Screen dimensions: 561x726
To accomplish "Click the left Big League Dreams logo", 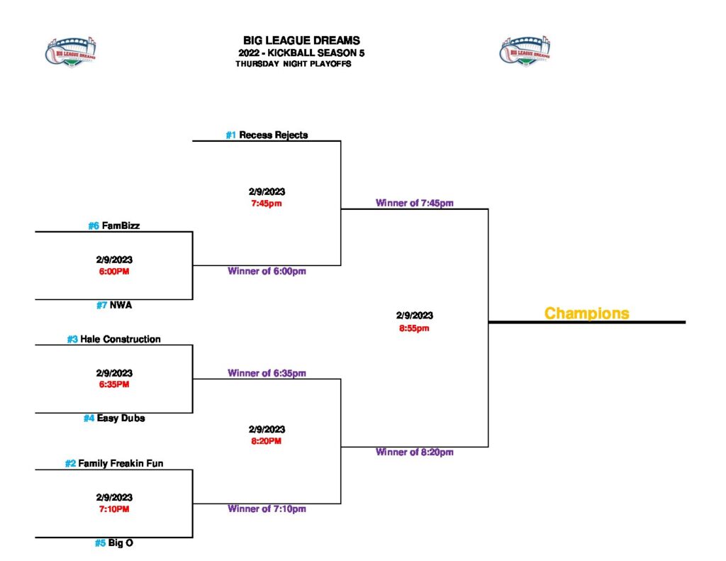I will point(71,50).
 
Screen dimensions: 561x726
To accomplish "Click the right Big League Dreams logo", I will point(525,50).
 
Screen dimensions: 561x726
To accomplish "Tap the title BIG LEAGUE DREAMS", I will point(301,40).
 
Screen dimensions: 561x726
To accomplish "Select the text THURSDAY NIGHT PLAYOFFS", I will point(294,64).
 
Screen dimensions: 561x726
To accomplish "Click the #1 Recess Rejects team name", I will point(267,135).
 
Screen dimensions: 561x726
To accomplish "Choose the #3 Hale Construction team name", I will point(113,339).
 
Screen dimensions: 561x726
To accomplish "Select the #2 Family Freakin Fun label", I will point(114,464).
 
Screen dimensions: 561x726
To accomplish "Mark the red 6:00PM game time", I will point(114,271).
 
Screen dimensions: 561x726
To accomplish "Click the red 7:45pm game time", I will point(267,204).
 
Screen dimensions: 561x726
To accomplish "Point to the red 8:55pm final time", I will point(414,328).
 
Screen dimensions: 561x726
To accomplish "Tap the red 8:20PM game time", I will point(267,441).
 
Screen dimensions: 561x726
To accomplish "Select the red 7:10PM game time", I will point(114,509).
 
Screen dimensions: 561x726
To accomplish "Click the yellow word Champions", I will point(586,313).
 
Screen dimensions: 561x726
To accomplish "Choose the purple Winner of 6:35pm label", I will point(267,373).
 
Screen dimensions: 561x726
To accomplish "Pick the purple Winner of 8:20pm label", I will point(414,452).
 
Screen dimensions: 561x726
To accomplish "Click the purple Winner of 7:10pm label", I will point(267,509).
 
